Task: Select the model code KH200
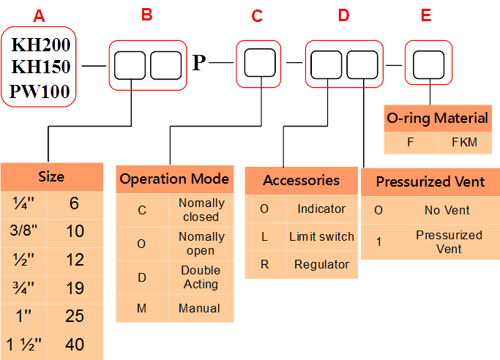[41, 45]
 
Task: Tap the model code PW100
[41, 91]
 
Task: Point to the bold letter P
[199, 64]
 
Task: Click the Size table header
[51, 176]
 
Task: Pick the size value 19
[75, 288]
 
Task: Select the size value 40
[75, 344]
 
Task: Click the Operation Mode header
[174, 179]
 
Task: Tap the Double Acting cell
[201, 277]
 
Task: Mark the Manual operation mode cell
[199, 308]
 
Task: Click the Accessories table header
[301, 180]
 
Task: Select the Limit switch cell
[321, 236]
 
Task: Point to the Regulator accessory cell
[321, 264]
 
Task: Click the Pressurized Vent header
[430, 181]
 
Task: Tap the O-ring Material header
[436, 118]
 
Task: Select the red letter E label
[426, 15]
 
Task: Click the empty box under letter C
[259, 64]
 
